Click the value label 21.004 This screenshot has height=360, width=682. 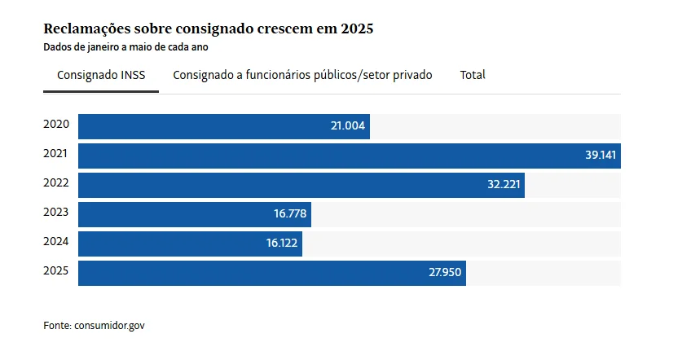click(x=347, y=126)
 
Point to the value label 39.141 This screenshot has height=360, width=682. click(x=601, y=156)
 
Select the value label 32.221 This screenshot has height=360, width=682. click(x=504, y=185)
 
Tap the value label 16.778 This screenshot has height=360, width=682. click(x=290, y=214)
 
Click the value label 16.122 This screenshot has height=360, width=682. click(x=282, y=244)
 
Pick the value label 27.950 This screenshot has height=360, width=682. click(x=445, y=273)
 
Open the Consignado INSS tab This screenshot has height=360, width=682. click(x=101, y=75)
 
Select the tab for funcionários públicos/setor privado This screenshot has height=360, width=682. click(x=302, y=75)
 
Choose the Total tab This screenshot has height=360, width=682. click(x=473, y=75)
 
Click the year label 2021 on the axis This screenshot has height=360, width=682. click(x=56, y=152)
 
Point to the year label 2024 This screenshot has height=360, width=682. click(x=56, y=240)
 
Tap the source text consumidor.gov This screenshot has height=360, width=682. click(x=109, y=326)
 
